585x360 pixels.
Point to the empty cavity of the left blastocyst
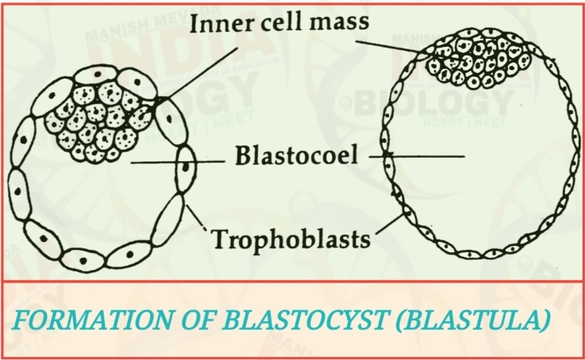pyautogui.click(x=95, y=198)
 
